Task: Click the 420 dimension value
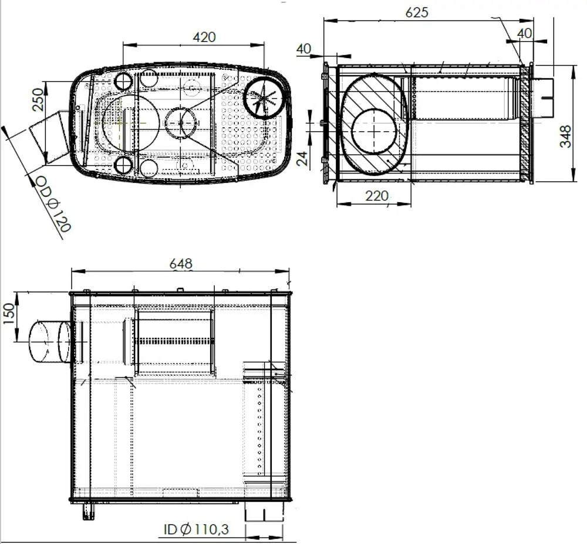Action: [x=204, y=37]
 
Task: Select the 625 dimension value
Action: [x=417, y=12]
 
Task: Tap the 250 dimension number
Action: [x=39, y=99]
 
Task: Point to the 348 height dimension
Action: [x=566, y=137]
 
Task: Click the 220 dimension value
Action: [x=377, y=195]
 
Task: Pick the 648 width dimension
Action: [x=181, y=264]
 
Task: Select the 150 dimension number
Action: [x=10, y=314]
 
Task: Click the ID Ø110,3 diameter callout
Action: [x=196, y=529]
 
